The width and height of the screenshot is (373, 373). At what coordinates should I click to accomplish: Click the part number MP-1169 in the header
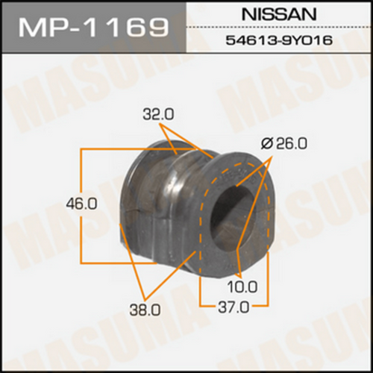(93, 26)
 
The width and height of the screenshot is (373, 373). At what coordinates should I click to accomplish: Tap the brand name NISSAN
(279, 13)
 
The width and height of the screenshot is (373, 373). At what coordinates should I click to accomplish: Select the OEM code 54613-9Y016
(279, 40)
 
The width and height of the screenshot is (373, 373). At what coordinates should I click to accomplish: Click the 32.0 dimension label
(158, 116)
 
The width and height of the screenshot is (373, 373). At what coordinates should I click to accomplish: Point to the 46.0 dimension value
(81, 204)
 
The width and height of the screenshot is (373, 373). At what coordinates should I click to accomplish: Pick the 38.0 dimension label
(145, 310)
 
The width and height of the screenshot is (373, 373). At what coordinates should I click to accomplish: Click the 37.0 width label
(233, 308)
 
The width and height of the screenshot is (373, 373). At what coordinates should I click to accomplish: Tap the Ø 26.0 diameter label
(284, 144)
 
